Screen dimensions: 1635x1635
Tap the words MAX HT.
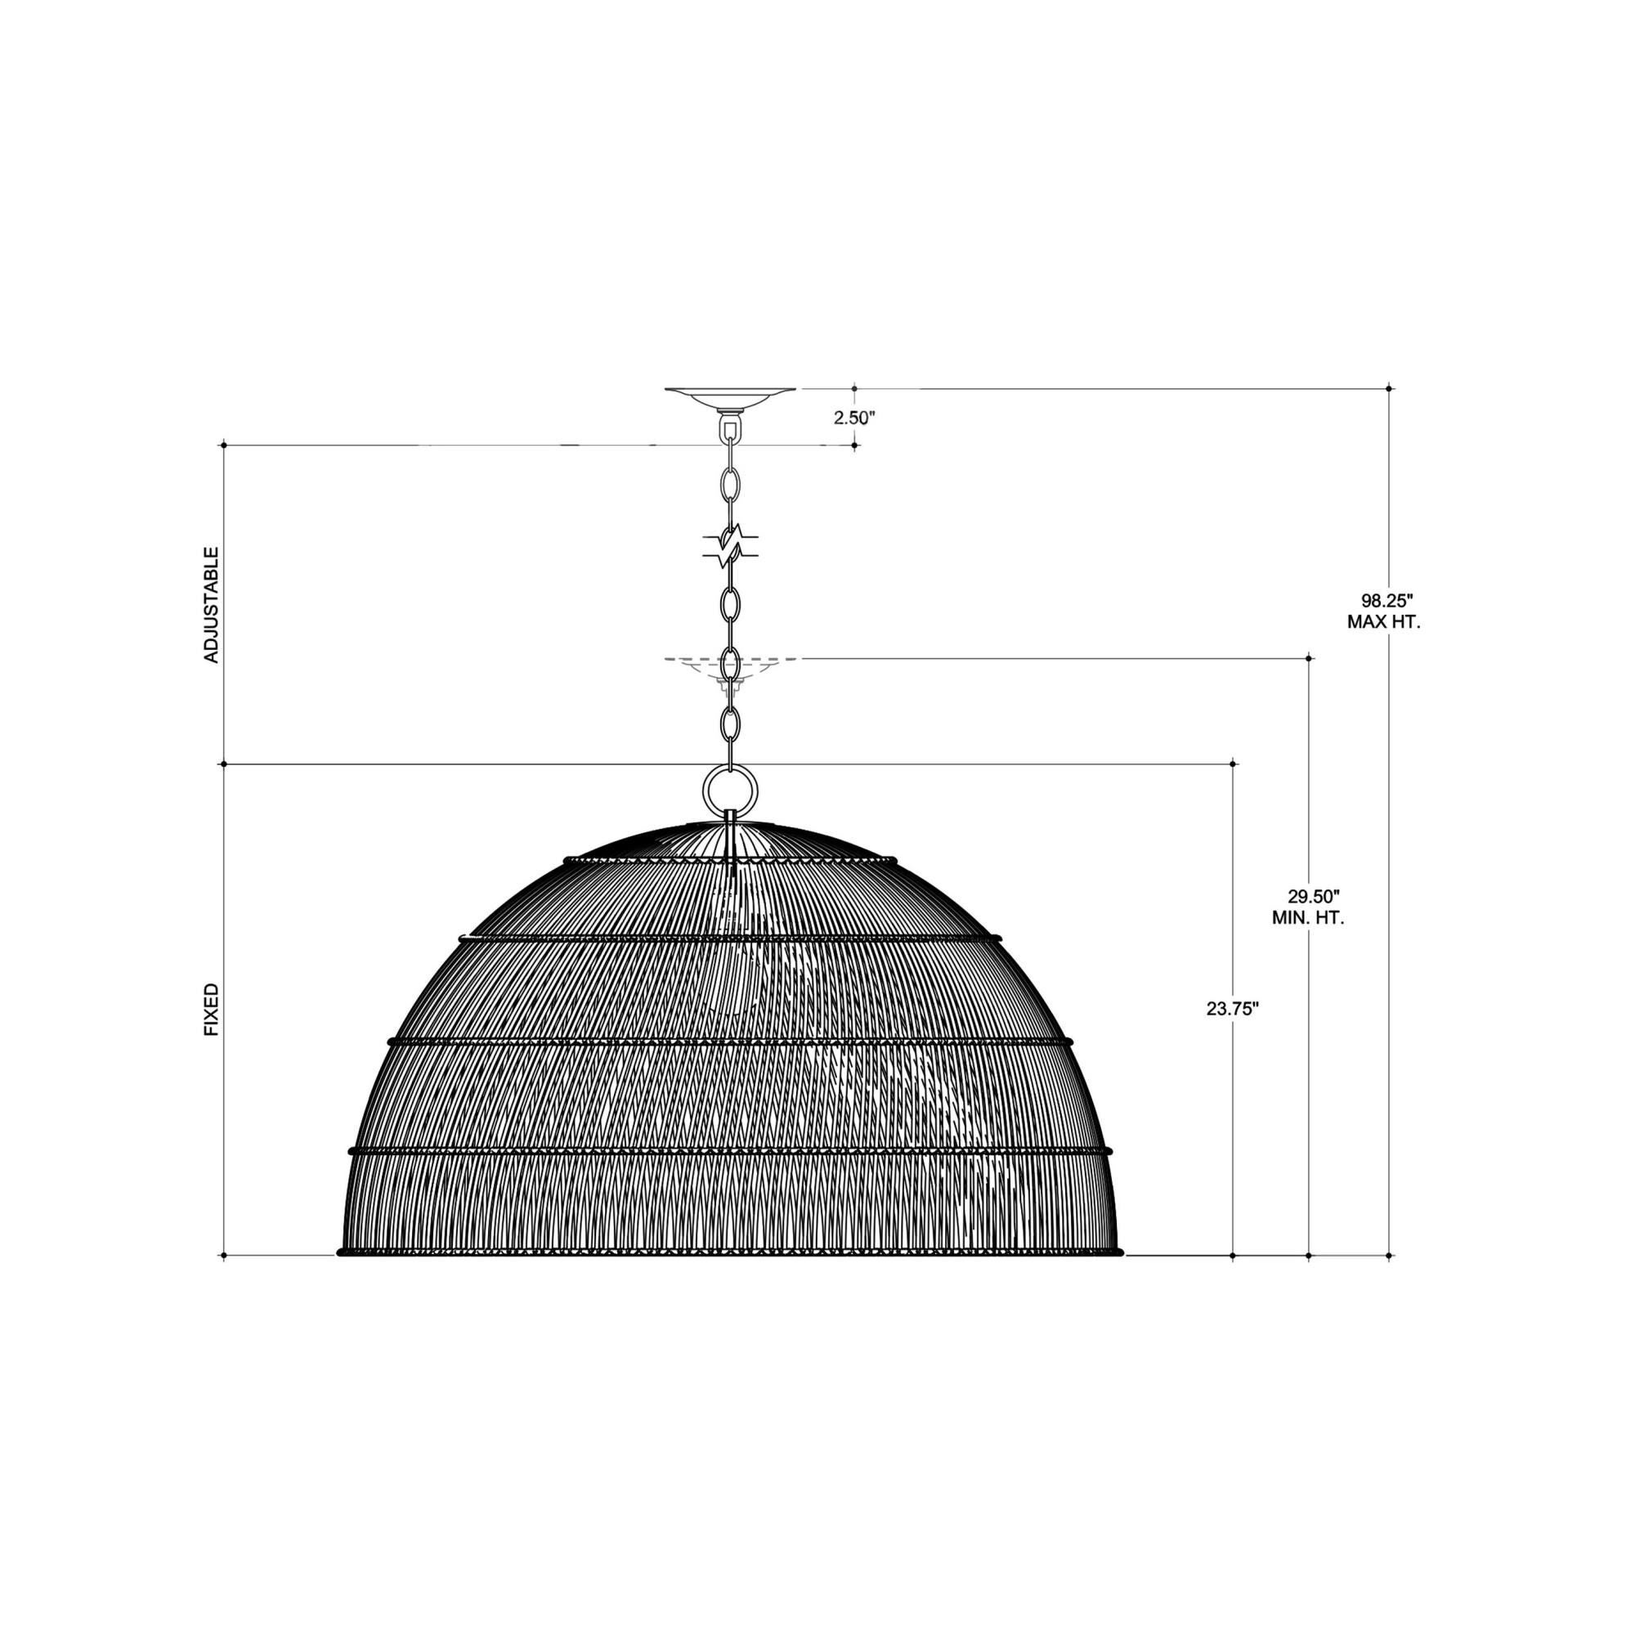click(x=1385, y=622)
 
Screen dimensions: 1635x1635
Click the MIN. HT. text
click(x=1307, y=917)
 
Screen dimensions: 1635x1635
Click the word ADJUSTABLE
click(x=212, y=604)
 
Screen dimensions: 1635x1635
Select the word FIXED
click(x=212, y=1010)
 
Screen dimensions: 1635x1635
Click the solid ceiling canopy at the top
click(x=730, y=396)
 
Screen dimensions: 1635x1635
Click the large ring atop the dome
click(x=729, y=789)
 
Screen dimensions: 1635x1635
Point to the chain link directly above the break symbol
click(x=729, y=486)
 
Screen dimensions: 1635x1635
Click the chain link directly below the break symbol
click(x=729, y=602)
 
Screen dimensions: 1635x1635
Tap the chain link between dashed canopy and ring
click(x=729, y=723)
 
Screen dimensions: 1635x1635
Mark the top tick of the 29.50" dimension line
click(x=1309, y=657)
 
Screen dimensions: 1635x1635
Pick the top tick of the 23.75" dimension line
click(x=1232, y=764)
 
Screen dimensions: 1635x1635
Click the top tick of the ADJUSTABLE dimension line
click(x=224, y=444)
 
